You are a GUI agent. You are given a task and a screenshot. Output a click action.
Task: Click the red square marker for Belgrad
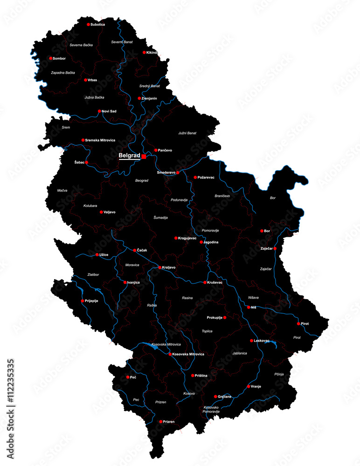(144, 157)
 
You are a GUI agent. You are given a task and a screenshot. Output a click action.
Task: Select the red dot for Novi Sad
(99, 111)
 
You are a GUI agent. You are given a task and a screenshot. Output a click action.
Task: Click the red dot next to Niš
(249, 307)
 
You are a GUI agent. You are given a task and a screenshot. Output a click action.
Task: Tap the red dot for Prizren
(161, 421)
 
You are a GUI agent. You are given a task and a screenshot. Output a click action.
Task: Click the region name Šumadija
(160, 218)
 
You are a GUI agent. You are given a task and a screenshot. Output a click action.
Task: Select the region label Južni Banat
(187, 133)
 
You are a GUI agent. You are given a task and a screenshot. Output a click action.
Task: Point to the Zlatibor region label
(93, 274)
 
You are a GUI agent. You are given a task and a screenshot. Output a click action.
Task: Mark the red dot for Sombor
(51, 58)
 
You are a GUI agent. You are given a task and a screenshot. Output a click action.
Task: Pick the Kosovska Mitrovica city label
(188, 354)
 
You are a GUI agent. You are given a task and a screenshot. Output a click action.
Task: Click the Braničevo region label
(222, 196)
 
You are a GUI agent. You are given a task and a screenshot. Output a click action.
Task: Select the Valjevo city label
(110, 212)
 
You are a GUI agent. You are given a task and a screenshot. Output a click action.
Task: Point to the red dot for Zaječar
(275, 248)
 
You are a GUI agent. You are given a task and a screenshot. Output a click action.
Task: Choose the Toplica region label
(207, 331)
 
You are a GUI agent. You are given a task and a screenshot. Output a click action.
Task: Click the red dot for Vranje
(248, 386)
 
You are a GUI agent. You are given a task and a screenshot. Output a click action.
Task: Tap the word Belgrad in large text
(129, 155)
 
